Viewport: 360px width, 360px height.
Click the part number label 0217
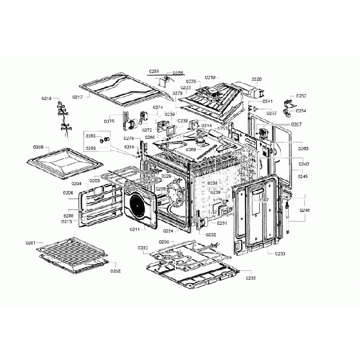77,97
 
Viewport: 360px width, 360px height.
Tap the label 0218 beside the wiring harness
47,99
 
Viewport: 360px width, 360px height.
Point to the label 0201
30,243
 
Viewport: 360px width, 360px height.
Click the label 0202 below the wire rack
115,271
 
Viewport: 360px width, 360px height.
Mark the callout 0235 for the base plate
250,278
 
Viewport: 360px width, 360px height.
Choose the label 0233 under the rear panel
280,254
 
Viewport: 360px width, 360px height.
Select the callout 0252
301,96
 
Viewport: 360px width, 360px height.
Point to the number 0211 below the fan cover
135,229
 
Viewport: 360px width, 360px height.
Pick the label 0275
109,121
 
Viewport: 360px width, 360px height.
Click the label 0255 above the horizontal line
153,71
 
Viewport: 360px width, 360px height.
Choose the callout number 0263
304,148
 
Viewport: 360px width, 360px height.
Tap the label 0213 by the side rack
66,221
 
